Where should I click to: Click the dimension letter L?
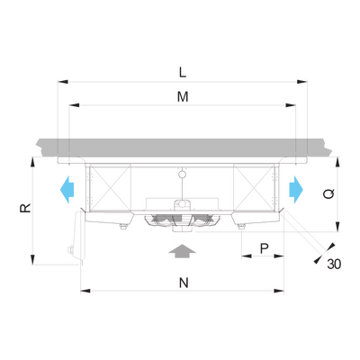(x=183, y=72)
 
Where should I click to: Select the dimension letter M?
(x=183, y=97)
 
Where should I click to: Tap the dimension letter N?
(x=184, y=283)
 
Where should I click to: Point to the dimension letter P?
(x=264, y=248)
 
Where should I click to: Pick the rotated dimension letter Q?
(x=329, y=193)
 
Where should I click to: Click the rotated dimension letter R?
(x=25, y=208)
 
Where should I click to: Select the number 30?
(x=334, y=264)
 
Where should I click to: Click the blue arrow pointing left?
(x=67, y=190)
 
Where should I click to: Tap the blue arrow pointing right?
(x=296, y=190)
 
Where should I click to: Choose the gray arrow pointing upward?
(x=182, y=251)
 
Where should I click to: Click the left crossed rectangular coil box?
(x=110, y=187)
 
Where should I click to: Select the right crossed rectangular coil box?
(x=254, y=187)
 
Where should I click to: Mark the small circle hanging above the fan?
(x=182, y=175)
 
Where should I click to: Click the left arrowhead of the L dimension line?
(x=63, y=82)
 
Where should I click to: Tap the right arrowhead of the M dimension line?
(x=291, y=105)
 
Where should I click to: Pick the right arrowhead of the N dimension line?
(x=279, y=291)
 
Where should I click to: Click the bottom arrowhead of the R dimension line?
(x=32, y=259)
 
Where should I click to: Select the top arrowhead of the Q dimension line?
(x=337, y=162)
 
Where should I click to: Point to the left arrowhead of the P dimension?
(x=247, y=256)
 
